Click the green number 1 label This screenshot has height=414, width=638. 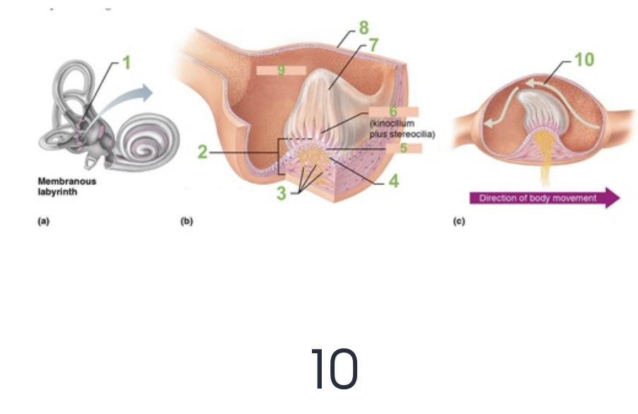pyautogui.click(x=126, y=62)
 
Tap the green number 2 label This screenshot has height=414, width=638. pyautogui.click(x=202, y=153)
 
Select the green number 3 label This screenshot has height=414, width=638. pyautogui.click(x=281, y=194)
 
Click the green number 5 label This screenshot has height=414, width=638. pyautogui.click(x=404, y=148)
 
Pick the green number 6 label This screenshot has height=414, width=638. pyautogui.click(x=394, y=112)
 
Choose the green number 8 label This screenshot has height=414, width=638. pyautogui.click(x=364, y=28)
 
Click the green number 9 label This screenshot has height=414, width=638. pyautogui.click(x=281, y=71)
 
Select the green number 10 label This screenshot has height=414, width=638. pyautogui.click(x=584, y=60)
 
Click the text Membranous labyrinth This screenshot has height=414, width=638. pyautogui.click(x=67, y=185)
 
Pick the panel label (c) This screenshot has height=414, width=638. pyautogui.click(x=459, y=221)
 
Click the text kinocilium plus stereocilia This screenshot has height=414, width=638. pyautogui.click(x=402, y=129)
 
